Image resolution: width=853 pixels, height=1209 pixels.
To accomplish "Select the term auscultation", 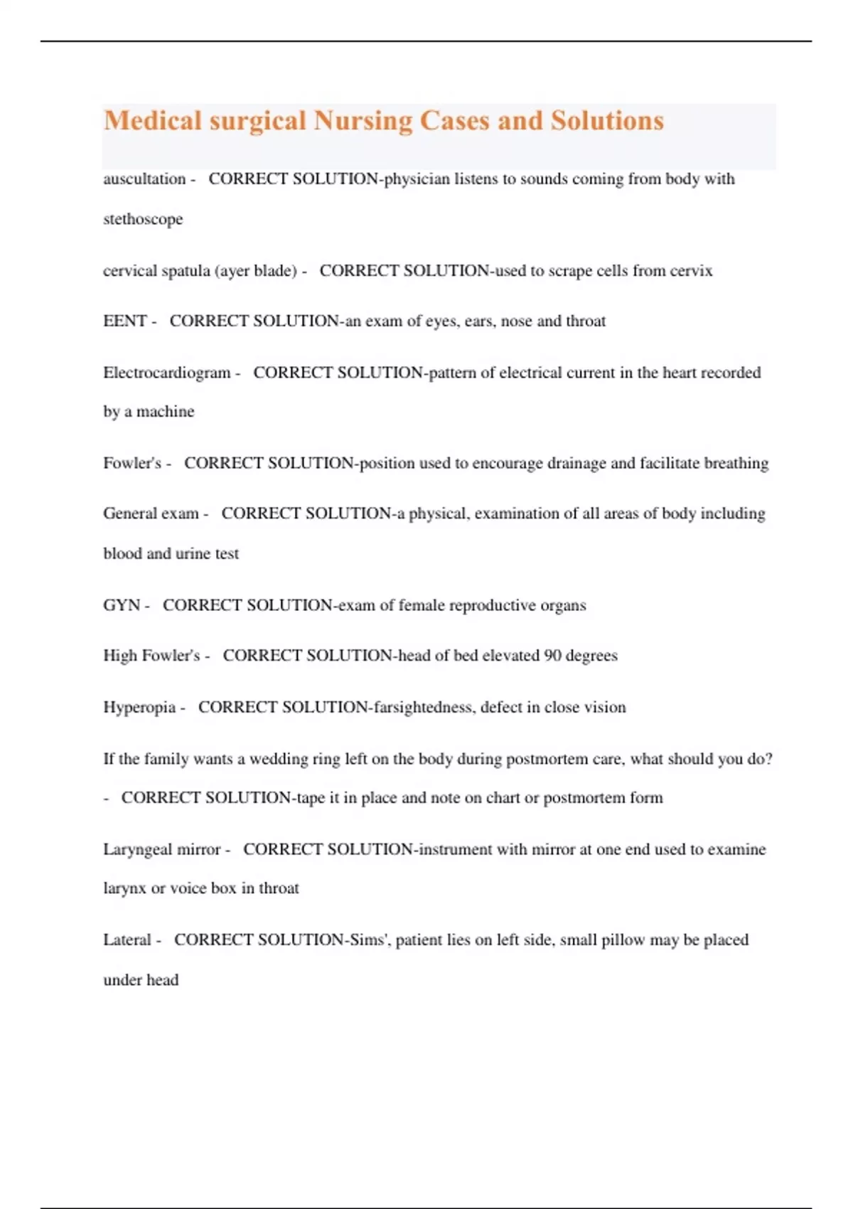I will [144, 179].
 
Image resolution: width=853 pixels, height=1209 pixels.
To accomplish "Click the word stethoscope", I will [143, 219].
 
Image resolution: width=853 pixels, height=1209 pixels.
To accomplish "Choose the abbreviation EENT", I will [124, 321].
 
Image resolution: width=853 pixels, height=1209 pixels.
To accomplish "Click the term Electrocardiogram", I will [167, 373].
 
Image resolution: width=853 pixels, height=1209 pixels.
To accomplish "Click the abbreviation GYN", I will [122, 605].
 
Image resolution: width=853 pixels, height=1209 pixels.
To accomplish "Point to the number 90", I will [552, 656].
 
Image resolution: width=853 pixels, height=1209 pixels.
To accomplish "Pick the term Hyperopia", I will [139, 708].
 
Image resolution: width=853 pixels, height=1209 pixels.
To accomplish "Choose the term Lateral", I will [127, 940].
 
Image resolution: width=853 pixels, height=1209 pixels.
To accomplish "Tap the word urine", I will [193, 554].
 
